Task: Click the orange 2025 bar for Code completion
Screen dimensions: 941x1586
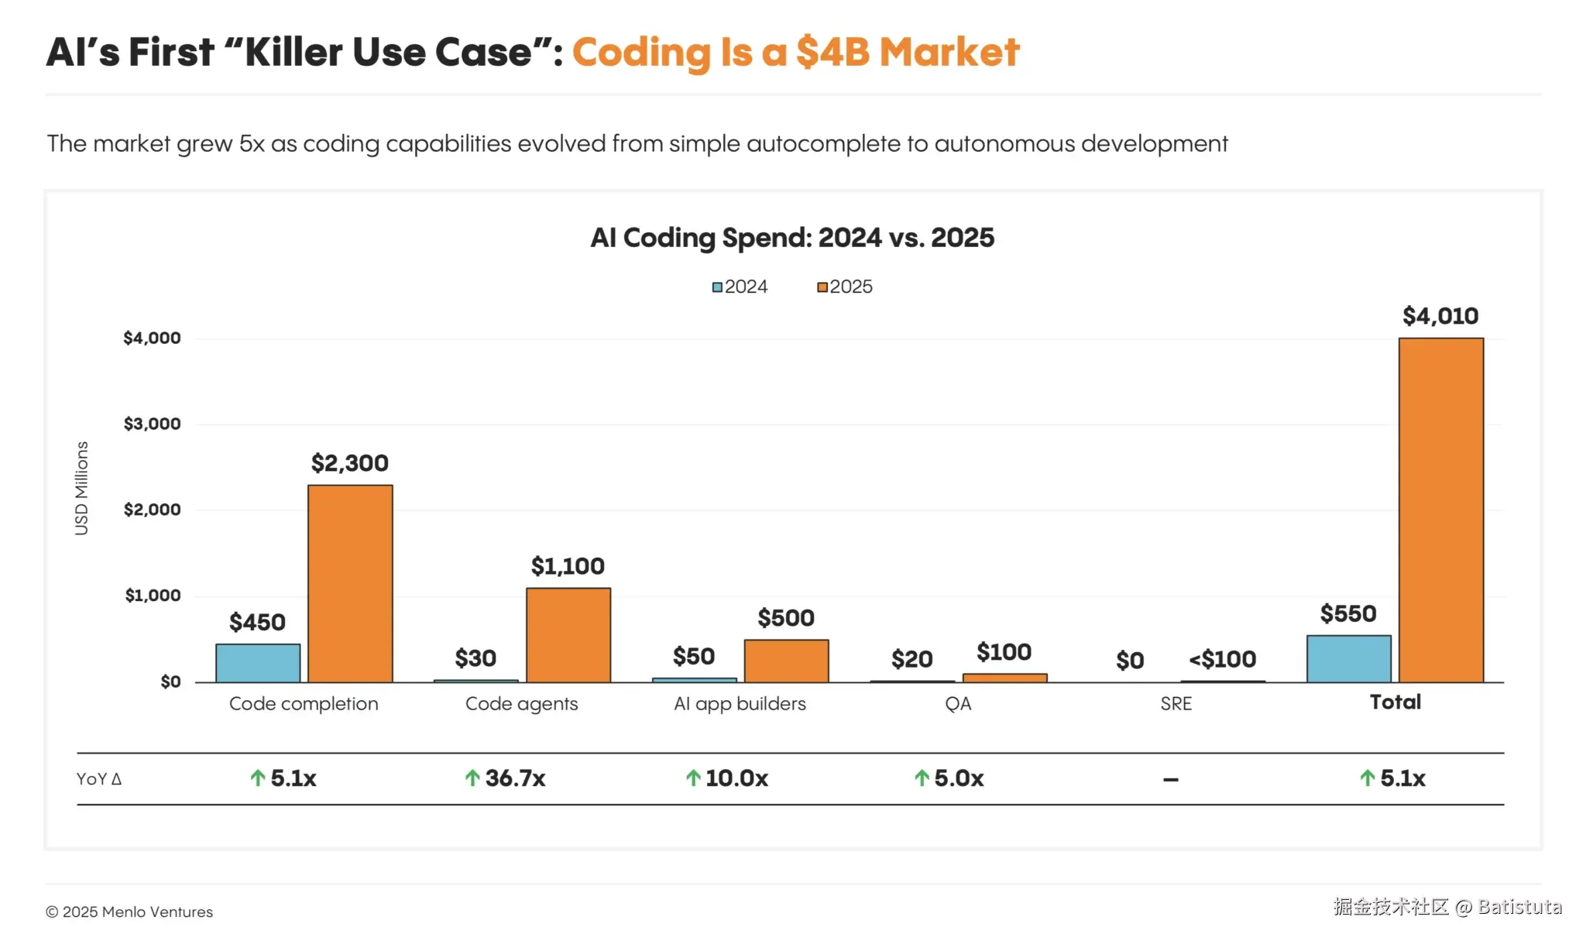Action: [x=350, y=583]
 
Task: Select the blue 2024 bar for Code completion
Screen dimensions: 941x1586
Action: [x=258, y=663]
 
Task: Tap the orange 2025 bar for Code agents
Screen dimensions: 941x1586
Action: [x=568, y=635]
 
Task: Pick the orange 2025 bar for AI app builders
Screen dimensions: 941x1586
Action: [x=786, y=661]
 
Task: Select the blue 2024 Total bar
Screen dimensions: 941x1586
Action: [x=1348, y=659]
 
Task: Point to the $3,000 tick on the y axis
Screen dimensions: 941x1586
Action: [x=152, y=424]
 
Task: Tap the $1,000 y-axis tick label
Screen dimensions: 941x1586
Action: [x=153, y=596]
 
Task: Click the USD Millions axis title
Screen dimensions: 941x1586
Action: [x=81, y=488]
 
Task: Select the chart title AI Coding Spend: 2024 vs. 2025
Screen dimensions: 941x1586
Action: [x=791, y=238]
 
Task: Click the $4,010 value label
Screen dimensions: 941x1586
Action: [x=1440, y=316]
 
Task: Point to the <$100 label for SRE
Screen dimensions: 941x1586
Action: [x=1222, y=659]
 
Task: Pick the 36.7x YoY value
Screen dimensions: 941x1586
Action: [x=515, y=778]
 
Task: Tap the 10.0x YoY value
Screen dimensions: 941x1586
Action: [x=736, y=778]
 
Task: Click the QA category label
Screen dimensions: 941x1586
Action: [x=958, y=704]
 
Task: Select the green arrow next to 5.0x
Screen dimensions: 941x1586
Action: [x=922, y=778]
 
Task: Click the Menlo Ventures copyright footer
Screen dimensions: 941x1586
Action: [x=129, y=912]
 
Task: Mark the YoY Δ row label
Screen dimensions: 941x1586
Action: [x=99, y=779]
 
